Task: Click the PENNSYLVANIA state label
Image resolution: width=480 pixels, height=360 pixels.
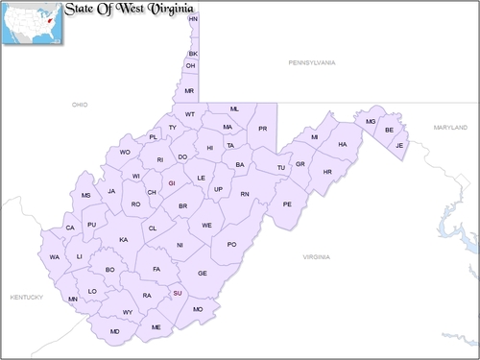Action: (312, 62)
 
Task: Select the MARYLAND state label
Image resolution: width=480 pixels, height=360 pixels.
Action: (449, 127)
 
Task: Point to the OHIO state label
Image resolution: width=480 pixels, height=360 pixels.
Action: (79, 103)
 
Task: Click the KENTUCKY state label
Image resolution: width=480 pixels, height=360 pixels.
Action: (27, 298)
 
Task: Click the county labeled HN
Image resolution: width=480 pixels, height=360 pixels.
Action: (193, 19)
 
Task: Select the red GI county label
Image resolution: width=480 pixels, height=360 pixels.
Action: (172, 182)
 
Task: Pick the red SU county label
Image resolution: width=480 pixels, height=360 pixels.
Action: (177, 293)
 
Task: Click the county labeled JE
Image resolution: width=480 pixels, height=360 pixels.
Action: (400, 145)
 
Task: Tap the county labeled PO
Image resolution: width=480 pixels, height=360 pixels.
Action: (231, 245)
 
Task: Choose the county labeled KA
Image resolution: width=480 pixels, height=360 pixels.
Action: (123, 239)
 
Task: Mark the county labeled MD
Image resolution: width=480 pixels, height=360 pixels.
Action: (115, 331)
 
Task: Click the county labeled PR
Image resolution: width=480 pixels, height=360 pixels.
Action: (262, 129)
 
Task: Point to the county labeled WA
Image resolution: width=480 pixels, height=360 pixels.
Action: (55, 257)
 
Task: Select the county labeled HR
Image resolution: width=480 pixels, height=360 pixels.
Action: (327, 172)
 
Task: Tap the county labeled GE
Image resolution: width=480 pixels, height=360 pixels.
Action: (203, 274)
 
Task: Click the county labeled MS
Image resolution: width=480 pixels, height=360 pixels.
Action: (85, 195)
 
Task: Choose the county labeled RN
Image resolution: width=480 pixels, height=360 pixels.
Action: (245, 194)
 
